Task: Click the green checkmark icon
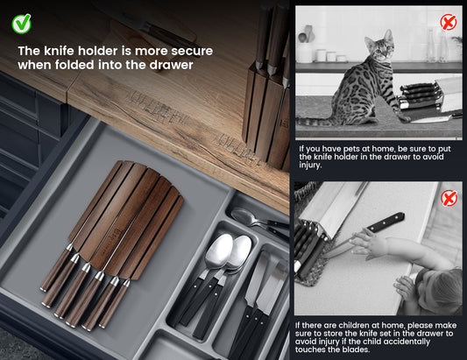pyautogui.click(x=21, y=24)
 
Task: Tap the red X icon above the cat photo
pyautogui.click(x=449, y=22)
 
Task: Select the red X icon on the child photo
pyautogui.click(x=449, y=199)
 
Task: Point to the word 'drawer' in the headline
pyautogui.click(x=171, y=65)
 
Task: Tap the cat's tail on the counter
pyautogui.click(x=315, y=122)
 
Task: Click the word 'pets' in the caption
pyautogui.click(x=353, y=149)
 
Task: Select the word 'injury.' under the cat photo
pyautogui.click(x=310, y=165)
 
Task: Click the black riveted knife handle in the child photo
pyautogui.click(x=386, y=222)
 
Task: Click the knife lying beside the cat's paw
pyautogui.click(x=433, y=119)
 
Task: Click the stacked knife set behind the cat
pyautogui.click(x=421, y=95)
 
